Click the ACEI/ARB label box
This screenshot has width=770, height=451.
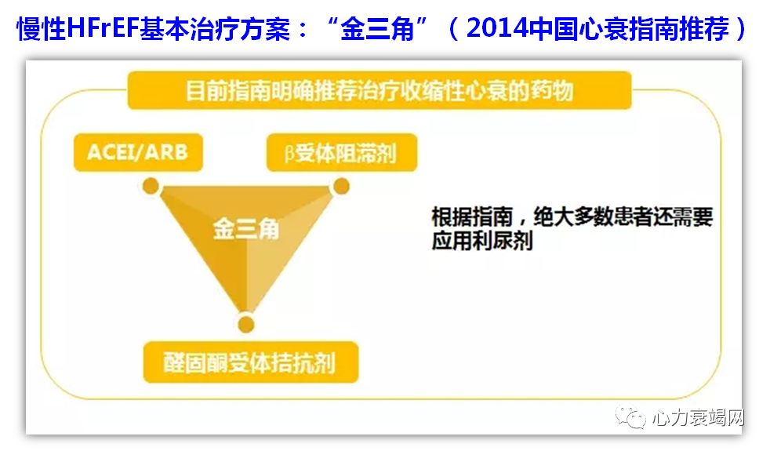[137, 151]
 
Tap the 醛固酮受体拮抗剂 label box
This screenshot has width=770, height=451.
[250, 362]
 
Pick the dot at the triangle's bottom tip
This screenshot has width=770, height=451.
[245, 322]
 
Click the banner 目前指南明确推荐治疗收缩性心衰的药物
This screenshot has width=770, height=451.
[380, 91]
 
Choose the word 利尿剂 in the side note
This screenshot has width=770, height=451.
[507, 241]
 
